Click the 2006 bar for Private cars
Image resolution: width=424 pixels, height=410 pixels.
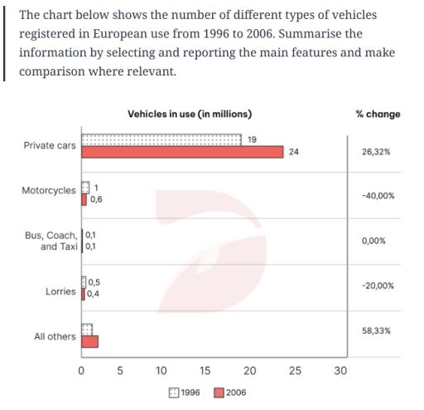tap(183, 151)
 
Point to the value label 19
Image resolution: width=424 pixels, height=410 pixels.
tap(252, 138)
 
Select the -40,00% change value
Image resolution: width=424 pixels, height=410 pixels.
tap(378, 196)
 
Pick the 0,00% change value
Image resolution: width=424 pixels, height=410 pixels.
tap(373, 240)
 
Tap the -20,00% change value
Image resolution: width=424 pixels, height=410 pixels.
tap(378, 285)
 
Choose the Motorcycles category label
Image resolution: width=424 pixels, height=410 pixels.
tap(48, 190)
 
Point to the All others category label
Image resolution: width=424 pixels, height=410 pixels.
tap(55, 337)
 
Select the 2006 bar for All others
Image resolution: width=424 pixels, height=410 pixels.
tap(89, 341)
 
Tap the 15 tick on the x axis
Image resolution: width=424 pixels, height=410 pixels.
tap(205, 371)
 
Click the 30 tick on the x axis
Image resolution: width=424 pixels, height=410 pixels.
tap(340, 371)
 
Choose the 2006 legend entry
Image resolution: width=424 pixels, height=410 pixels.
tap(230, 392)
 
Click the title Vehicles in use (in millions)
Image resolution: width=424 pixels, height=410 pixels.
tap(190, 114)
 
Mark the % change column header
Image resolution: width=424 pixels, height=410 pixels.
tap(378, 114)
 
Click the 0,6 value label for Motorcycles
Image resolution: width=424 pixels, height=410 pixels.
tap(96, 199)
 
